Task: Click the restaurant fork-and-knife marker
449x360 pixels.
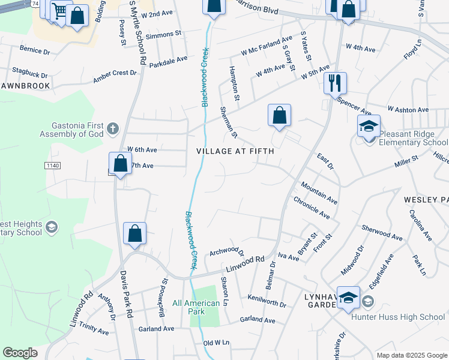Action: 335,83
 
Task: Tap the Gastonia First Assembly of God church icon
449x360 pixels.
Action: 112,128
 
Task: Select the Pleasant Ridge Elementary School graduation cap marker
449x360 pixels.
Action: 369,126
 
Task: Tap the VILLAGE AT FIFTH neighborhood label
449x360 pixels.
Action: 235,151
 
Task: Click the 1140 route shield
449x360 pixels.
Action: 53,165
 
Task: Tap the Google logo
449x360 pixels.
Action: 20,353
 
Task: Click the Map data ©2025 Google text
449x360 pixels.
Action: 411,355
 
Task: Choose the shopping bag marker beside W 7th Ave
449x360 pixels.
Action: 120,163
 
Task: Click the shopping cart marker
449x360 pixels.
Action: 59,11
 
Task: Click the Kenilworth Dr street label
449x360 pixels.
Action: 267,301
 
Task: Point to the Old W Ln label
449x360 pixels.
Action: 217,343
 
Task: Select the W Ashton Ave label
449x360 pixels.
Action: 408,110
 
